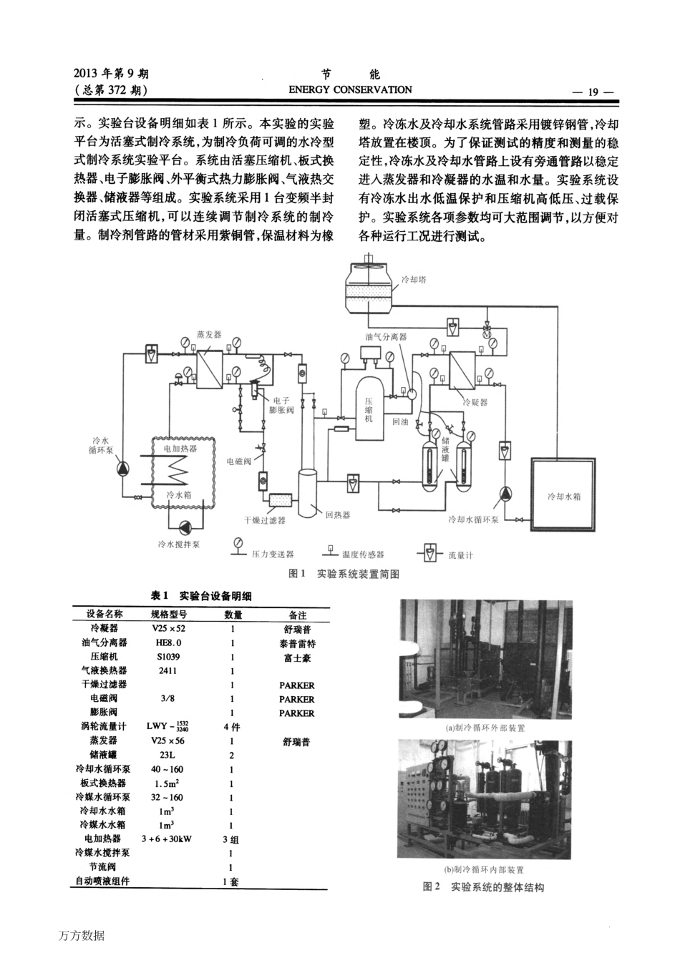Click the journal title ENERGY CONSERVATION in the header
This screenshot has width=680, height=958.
[350, 90]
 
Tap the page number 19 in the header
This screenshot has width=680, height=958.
[593, 92]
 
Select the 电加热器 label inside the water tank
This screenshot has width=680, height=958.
[180, 449]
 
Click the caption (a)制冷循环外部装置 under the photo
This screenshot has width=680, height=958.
[485, 728]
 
